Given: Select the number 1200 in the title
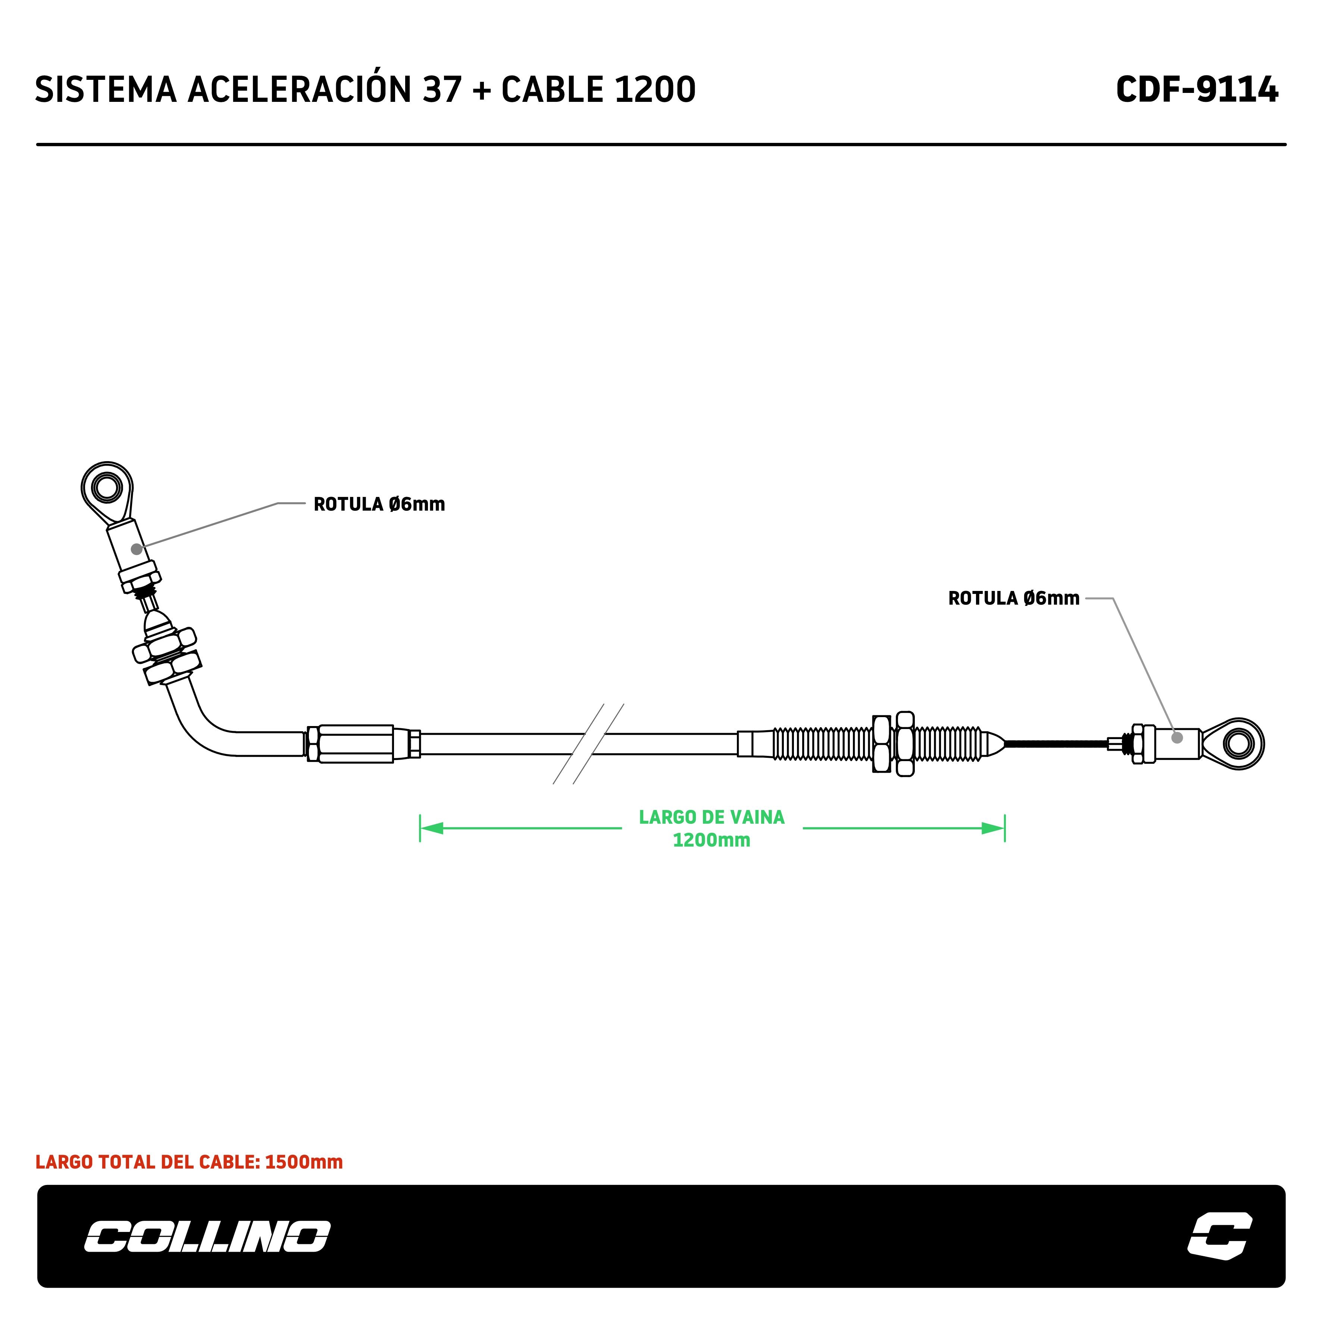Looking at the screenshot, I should (x=655, y=90).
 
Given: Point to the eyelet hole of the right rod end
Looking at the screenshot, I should (x=1238, y=743).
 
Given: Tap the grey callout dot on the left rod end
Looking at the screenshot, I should (x=137, y=549).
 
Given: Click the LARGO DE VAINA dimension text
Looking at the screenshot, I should (x=711, y=817).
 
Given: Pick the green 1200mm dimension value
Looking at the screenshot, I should (x=711, y=840).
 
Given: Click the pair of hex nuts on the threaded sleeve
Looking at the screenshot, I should (x=893, y=744).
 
